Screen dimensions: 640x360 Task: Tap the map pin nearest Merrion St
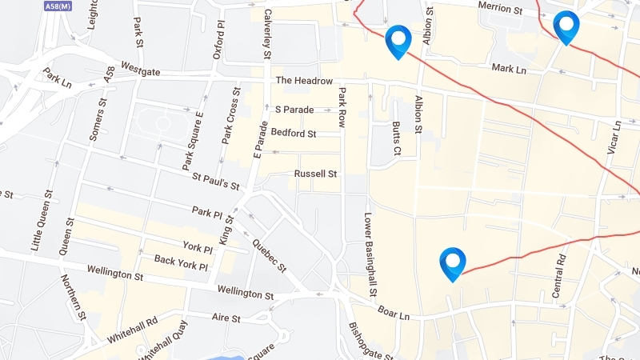pyautogui.click(x=566, y=26)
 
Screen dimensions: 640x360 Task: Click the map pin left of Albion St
pyautogui.click(x=398, y=41)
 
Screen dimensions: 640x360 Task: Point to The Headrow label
pyautogui.click(x=303, y=81)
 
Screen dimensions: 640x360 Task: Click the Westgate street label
pyautogui.click(x=140, y=71)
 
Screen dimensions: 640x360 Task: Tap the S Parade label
pyautogui.click(x=294, y=109)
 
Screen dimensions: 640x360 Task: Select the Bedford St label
pyautogui.click(x=294, y=132)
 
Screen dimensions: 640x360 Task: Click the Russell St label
pyautogui.click(x=315, y=174)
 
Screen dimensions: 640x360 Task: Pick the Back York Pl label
pyautogui.click(x=181, y=262)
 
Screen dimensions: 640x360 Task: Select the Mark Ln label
pyautogui.click(x=510, y=70)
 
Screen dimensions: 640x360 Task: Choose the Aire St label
pyautogui.click(x=226, y=318)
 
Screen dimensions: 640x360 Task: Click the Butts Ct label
pyautogui.click(x=396, y=138)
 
